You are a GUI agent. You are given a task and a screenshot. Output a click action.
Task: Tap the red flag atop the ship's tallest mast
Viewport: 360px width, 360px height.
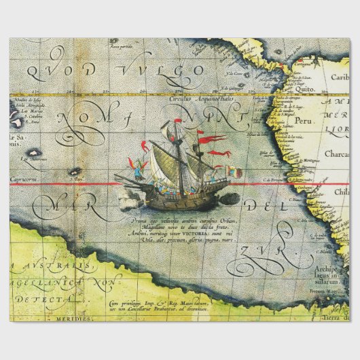coord(179,123)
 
